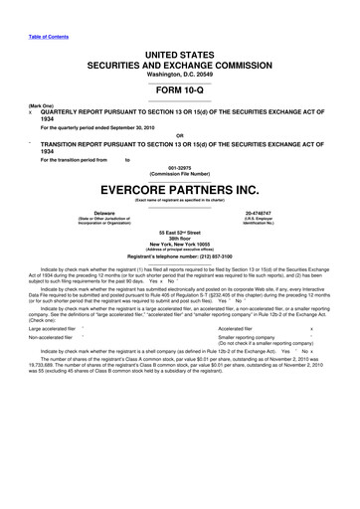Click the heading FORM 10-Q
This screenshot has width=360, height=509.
click(x=180, y=87)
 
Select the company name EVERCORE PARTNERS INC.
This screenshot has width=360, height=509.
click(x=180, y=186)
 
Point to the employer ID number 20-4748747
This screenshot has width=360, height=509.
click(x=264, y=212)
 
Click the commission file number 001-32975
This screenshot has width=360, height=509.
click(x=180, y=167)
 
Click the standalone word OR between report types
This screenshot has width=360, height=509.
click(x=180, y=134)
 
